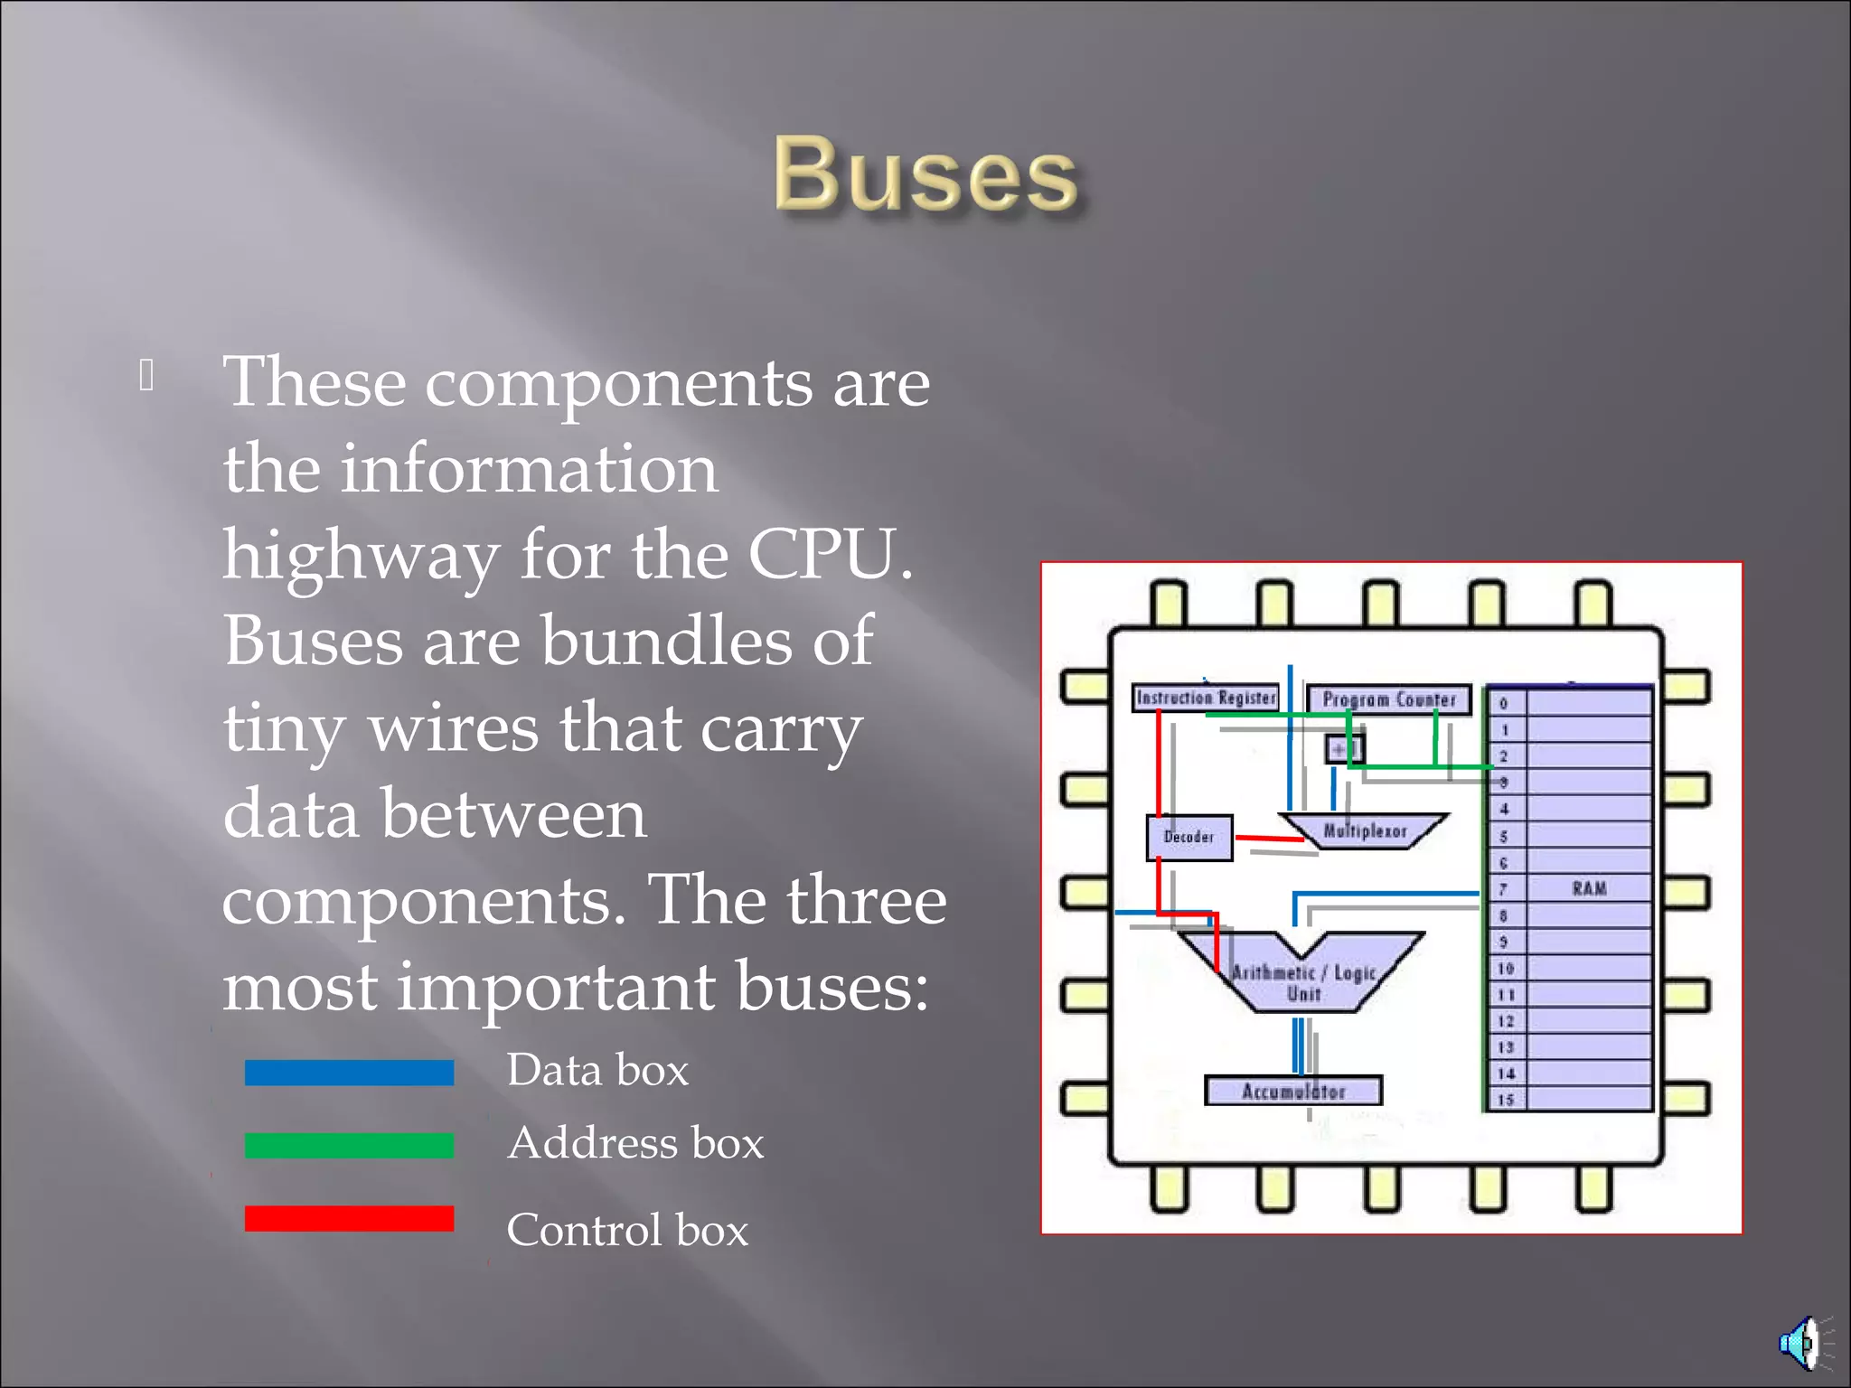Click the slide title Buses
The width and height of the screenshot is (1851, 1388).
(925, 173)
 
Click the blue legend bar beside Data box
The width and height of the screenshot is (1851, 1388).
(349, 1072)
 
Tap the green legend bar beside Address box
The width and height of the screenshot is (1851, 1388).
(349, 1145)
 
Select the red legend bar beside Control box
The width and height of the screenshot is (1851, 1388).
(349, 1218)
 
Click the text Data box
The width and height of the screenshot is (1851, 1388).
(597, 1070)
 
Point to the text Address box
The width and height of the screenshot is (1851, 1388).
(635, 1143)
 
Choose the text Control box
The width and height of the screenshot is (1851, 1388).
(627, 1230)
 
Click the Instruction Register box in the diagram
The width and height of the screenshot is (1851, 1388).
(1206, 698)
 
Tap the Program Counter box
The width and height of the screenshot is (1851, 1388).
(1389, 699)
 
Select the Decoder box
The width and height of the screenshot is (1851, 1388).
(1189, 838)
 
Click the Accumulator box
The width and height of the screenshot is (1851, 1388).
(1293, 1092)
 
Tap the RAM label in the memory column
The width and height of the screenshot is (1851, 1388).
(1589, 888)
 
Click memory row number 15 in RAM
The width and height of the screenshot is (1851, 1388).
(1505, 1100)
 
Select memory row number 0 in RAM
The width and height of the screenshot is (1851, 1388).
(1504, 703)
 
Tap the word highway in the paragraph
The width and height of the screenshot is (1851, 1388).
(362, 557)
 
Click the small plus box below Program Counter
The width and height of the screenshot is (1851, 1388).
(1343, 749)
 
